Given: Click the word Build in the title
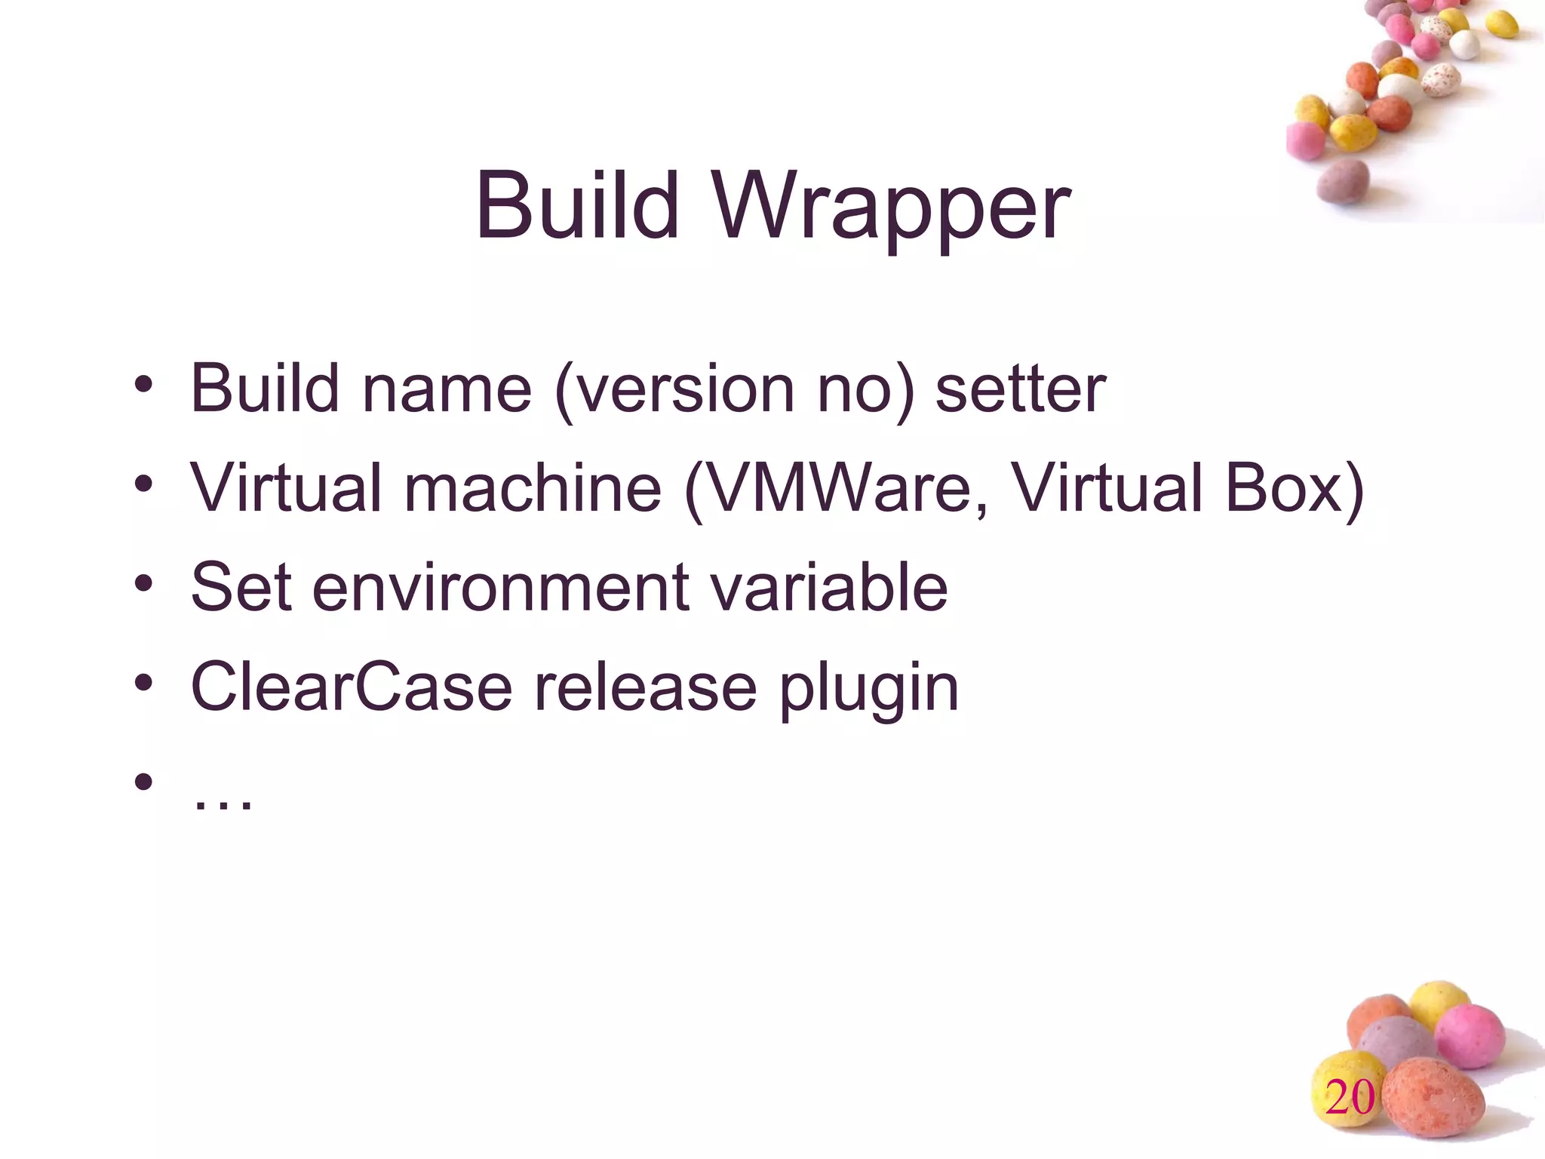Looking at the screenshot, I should coord(577,205).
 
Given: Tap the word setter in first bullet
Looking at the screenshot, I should coord(1020,389).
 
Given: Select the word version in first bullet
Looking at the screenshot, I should coord(675,389).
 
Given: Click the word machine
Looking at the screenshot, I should coord(533,487).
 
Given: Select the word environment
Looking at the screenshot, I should coord(500,588).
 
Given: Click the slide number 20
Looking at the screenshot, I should coord(1350,1097).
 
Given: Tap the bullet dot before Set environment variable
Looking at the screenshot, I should coord(144,583).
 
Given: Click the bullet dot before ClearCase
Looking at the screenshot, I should coord(144,683).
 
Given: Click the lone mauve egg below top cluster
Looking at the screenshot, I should coord(1343,181).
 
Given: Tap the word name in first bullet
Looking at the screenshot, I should coord(447,389).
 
